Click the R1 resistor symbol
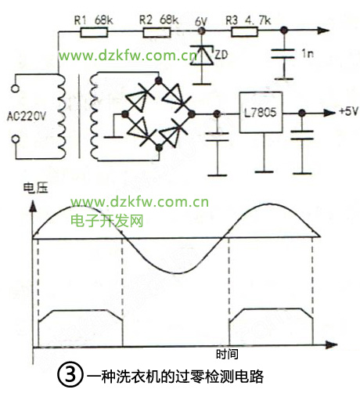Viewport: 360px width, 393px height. [x=94, y=33]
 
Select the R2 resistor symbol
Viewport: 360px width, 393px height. [x=157, y=33]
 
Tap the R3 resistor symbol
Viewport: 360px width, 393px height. [x=245, y=32]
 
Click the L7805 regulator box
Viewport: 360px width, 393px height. [x=261, y=113]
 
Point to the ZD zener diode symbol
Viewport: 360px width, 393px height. [x=201, y=56]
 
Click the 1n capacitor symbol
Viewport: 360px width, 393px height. [x=283, y=53]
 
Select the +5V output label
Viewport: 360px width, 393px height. [x=349, y=111]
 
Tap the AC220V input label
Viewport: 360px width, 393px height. [x=27, y=116]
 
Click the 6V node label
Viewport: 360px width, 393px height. [x=201, y=22]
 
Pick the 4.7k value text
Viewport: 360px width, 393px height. [x=258, y=20]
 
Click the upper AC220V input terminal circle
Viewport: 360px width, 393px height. [x=16, y=88]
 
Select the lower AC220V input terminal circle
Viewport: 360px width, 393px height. [x=16, y=139]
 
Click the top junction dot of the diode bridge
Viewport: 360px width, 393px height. [x=158, y=80]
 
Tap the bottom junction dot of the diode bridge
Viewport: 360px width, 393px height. [x=159, y=148]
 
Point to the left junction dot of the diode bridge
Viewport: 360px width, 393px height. [x=125, y=114]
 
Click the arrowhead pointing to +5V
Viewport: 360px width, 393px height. [x=329, y=113]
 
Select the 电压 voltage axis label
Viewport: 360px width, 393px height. [x=36, y=188]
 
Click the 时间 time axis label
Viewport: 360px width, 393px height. [x=227, y=354]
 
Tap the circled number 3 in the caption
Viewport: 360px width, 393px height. [x=70, y=375]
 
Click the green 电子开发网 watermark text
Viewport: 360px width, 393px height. [x=107, y=221]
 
